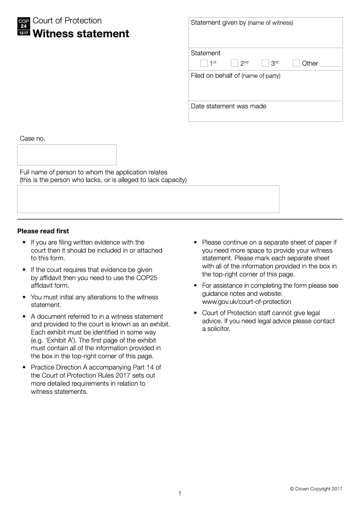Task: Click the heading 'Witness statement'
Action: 81,34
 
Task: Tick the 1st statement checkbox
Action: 204,63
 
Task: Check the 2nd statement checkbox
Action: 234,63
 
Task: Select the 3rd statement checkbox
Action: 265,63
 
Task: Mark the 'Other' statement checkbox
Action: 296,63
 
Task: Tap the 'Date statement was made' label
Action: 229,106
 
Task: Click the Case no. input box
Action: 67,155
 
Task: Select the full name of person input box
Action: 148,199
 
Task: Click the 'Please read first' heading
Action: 43,231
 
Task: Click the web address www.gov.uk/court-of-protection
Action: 247,302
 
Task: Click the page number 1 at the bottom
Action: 180,494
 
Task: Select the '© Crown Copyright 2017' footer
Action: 316,489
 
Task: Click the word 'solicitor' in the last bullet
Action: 216,329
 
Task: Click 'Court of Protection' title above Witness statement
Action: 67,21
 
